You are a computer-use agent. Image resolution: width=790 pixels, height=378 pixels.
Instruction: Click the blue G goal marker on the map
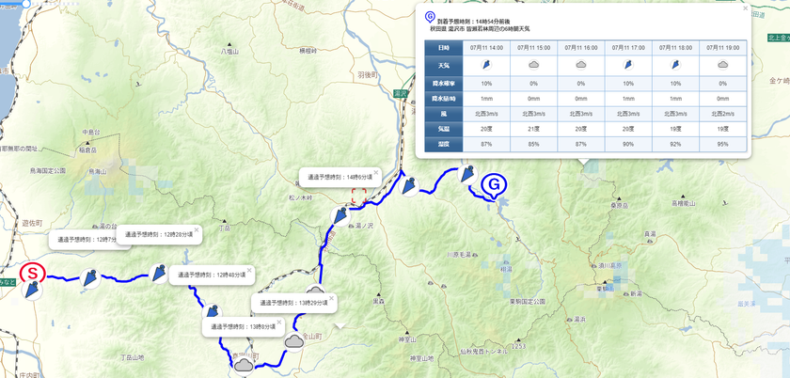[x=493, y=185]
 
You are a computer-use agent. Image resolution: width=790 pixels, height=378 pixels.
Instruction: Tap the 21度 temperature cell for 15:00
[x=533, y=128]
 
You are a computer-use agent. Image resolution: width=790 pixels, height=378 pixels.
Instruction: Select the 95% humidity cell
[x=722, y=144]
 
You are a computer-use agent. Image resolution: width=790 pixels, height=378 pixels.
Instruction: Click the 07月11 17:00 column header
[x=627, y=47]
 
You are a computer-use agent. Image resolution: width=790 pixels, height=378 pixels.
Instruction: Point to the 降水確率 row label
[x=443, y=82]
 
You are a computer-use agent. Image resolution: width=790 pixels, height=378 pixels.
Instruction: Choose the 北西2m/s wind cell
[x=722, y=113]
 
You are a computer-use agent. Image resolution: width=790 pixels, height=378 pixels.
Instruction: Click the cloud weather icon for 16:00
[x=580, y=65]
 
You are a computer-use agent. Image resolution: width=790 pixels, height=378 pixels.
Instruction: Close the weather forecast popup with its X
[x=745, y=8]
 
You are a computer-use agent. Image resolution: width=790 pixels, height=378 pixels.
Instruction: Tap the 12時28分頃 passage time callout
[x=157, y=233]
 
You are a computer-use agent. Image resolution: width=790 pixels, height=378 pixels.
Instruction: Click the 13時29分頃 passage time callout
[x=293, y=304]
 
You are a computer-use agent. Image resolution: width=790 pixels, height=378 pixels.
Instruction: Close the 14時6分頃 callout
[x=375, y=172]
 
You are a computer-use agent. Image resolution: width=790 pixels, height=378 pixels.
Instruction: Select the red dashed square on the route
[x=358, y=196]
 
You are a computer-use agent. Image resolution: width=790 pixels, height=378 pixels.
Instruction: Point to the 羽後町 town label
[x=367, y=73]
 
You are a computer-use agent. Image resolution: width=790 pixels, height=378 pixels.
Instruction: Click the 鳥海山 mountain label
[x=97, y=174]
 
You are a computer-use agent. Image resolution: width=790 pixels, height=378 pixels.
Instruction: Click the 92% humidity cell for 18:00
[x=675, y=144]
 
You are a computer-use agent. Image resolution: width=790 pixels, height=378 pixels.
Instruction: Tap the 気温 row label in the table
[x=443, y=128]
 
